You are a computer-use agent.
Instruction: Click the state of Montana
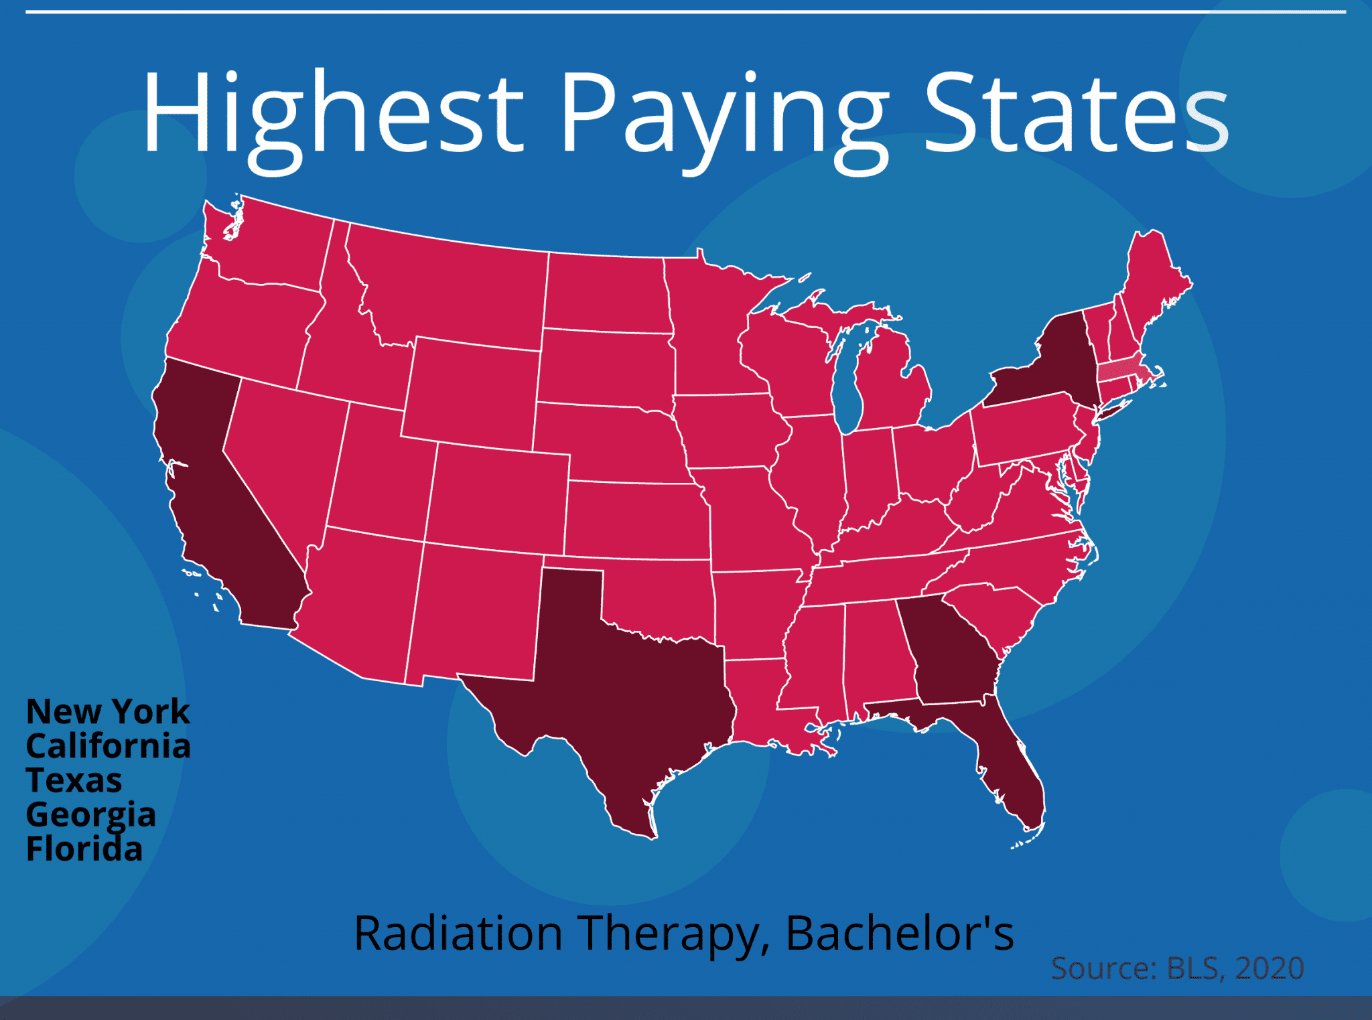[449, 288]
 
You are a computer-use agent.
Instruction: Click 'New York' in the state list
[108, 711]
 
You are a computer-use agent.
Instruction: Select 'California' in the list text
[108, 746]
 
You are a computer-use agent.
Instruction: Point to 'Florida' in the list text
[84, 849]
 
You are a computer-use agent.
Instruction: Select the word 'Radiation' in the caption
[458, 933]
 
